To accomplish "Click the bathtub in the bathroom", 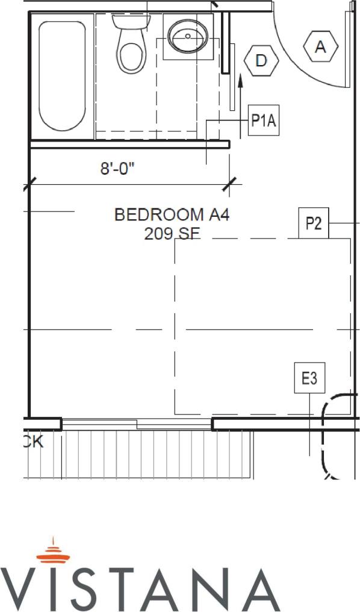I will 62,75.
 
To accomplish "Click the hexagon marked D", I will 261,60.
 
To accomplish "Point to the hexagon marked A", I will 320,46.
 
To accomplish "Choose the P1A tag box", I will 264,121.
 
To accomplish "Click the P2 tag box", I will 314,224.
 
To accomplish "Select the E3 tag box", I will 309,378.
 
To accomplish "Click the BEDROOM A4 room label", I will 172,214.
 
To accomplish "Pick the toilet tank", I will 129,21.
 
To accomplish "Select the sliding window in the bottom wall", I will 137,424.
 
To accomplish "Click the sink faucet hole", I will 188,36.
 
